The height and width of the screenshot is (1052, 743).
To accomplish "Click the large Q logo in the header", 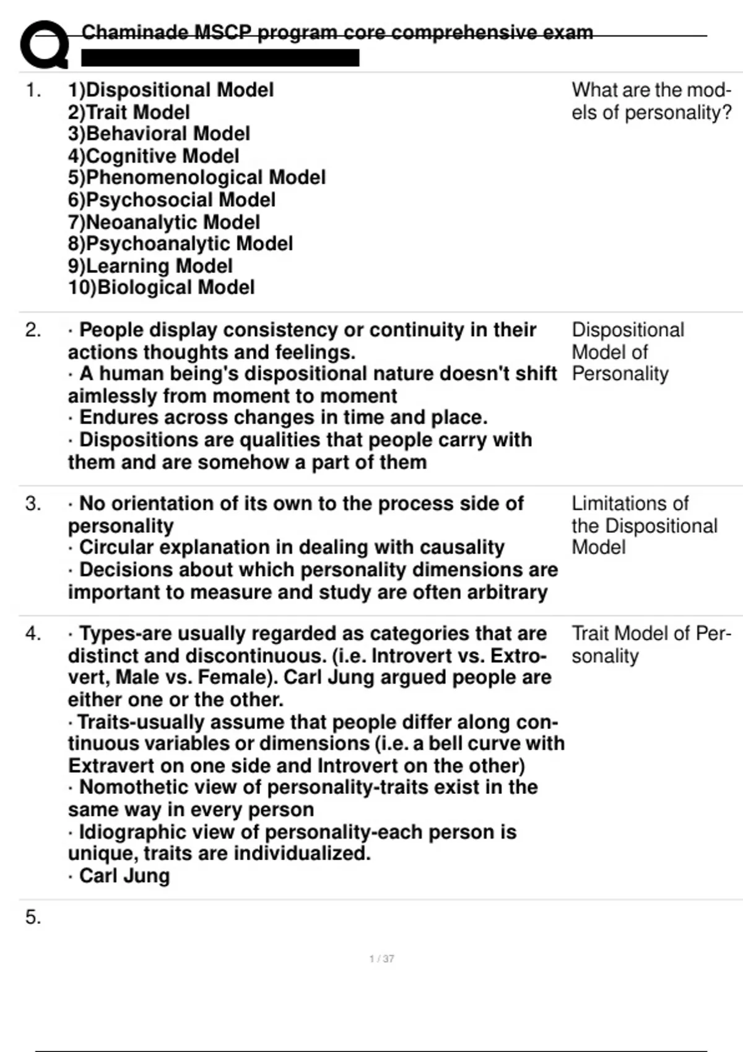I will (43, 45).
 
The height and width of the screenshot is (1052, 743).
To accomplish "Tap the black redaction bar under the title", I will (220, 58).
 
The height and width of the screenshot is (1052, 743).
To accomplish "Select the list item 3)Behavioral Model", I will (159, 134).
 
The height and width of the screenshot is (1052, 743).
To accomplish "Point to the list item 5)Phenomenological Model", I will (197, 178).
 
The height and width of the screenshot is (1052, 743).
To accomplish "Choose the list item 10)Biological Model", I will (162, 288).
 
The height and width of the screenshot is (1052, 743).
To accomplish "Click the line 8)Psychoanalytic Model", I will (181, 244).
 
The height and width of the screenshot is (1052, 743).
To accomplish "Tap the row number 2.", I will (33, 330).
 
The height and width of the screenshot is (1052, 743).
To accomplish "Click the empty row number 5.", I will (33, 917).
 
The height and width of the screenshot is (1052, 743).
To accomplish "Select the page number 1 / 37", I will (381, 959).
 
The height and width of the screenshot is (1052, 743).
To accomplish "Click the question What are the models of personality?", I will (651, 101).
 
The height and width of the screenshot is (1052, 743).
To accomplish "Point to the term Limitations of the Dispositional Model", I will (644, 525).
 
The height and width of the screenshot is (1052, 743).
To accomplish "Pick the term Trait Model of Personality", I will (651, 644).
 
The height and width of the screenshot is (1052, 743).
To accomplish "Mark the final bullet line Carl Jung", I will (124, 876).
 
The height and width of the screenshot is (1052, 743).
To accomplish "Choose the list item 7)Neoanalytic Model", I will (164, 222).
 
